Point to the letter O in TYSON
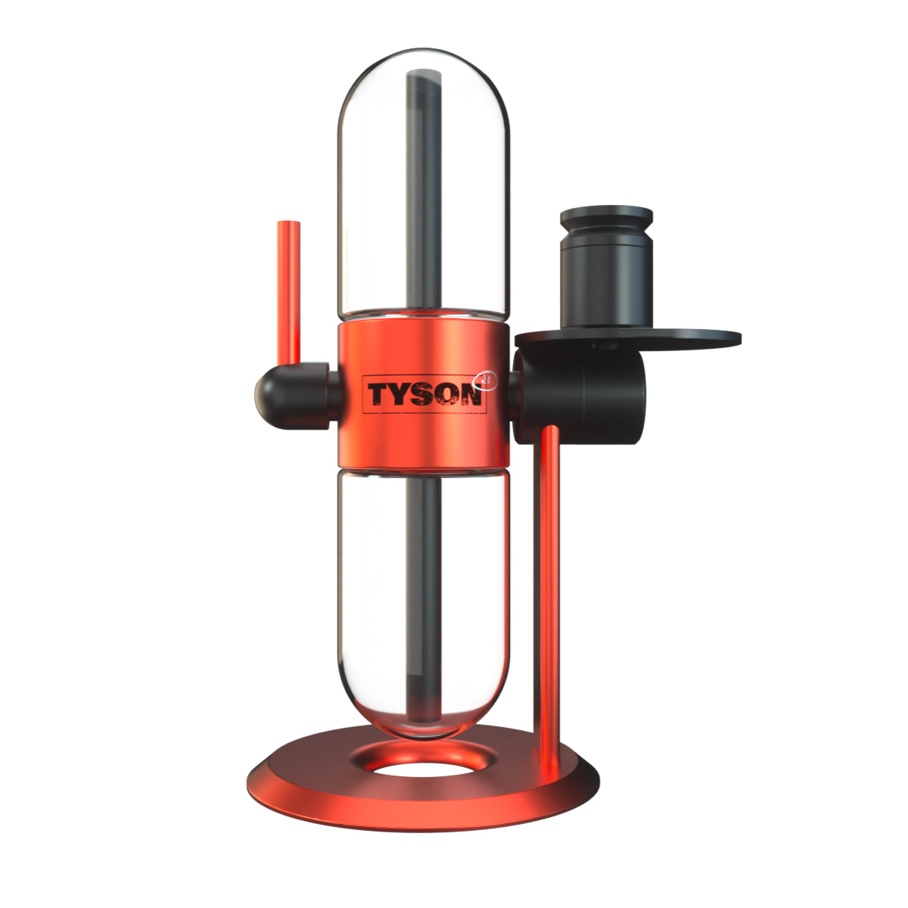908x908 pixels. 446,394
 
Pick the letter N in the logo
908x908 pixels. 471,394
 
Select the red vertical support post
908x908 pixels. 550,590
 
